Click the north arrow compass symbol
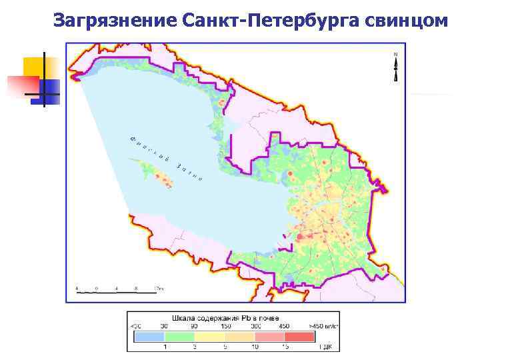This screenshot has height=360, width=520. pyautogui.click(x=396, y=67)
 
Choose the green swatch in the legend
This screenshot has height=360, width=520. pyautogui.click(x=178, y=337)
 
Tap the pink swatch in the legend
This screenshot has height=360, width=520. pyautogui.click(x=268, y=337)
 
